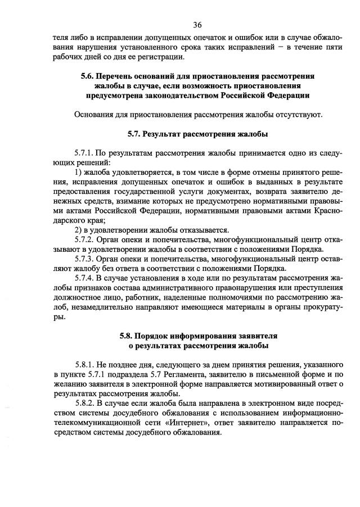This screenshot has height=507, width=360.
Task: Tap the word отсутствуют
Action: point(302,115)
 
